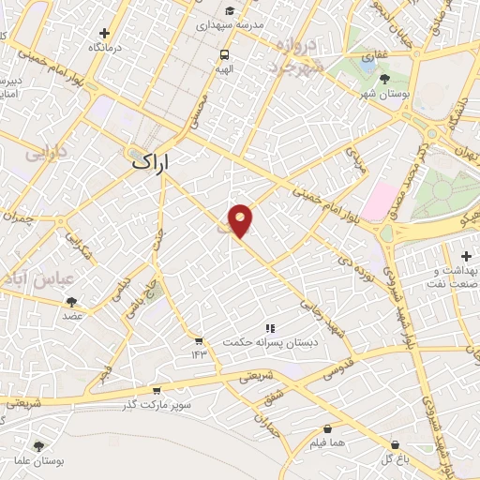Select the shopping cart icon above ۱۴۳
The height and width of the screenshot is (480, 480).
point(199,340)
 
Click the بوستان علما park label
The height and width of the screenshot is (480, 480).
point(37,461)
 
